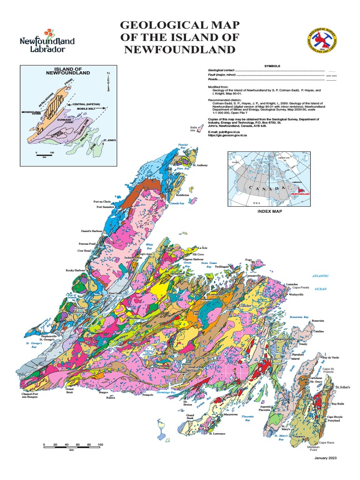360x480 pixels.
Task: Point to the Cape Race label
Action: pos(327,442)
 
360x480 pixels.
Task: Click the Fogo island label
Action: pos(248,259)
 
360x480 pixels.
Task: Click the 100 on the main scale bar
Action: pos(100,444)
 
